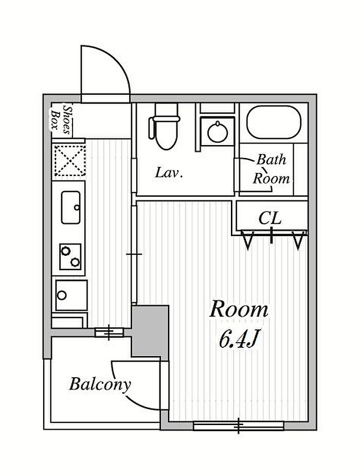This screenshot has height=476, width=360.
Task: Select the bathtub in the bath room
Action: pyautogui.click(x=274, y=122)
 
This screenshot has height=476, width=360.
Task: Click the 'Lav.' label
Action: pyautogui.click(x=169, y=173)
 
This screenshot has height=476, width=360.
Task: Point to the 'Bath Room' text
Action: pyautogui.click(x=272, y=169)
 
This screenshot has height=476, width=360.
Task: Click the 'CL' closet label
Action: pyautogui.click(x=270, y=218)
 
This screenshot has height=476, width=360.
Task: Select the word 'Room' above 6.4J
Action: pyautogui.click(x=239, y=309)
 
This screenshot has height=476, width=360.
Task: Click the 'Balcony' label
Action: pyautogui.click(x=100, y=384)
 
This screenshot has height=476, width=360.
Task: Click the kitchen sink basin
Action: pyautogui.click(x=71, y=207)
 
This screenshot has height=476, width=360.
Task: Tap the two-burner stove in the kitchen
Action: pyautogui.click(x=70, y=256)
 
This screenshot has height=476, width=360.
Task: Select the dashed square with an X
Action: pyautogui.click(x=70, y=160)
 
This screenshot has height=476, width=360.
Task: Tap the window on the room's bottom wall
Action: pyautogui.click(x=239, y=426)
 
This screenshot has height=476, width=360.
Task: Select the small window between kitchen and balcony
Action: pyautogui.click(x=109, y=332)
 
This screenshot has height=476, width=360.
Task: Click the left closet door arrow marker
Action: pyautogui.click(x=248, y=240)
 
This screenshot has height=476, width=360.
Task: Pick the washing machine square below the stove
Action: pyautogui.click(x=71, y=295)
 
